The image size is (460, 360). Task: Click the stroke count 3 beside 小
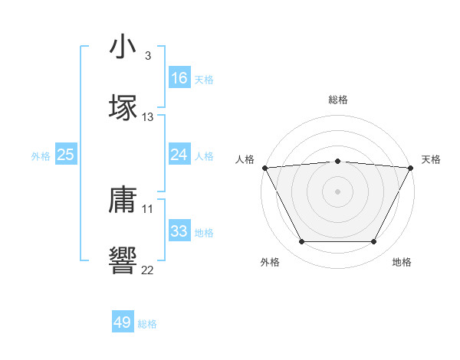[x=148, y=55]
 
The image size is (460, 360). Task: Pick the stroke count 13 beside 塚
[x=148, y=117]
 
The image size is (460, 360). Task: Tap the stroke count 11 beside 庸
[x=148, y=208]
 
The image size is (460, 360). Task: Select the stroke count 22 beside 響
[x=148, y=270]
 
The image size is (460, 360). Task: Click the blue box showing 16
[x=179, y=78]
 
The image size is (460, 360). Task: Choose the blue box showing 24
[x=179, y=155]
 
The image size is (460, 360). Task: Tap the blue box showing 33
[x=179, y=231]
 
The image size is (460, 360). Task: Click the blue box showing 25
[x=66, y=155]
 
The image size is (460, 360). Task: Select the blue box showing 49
[x=123, y=322]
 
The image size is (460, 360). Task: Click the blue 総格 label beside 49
[x=147, y=324]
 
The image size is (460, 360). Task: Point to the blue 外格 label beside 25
[x=41, y=156]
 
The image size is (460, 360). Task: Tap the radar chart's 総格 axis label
[x=338, y=100]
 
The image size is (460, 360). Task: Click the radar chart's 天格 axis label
[x=432, y=159]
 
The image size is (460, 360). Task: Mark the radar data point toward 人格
[x=264, y=168]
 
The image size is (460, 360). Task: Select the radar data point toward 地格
[x=374, y=242]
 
